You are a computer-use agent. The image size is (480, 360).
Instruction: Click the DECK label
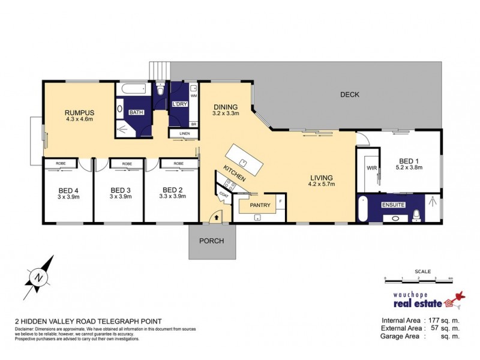tap(349, 94)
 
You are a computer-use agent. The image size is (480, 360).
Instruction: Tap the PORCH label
tap(212, 241)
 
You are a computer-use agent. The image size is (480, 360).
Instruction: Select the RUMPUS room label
tap(80, 112)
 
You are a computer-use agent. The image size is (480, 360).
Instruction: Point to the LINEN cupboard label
tap(184, 133)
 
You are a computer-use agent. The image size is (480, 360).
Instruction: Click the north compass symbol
tap(38, 277)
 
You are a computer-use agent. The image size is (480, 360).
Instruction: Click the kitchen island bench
tap(244, 161)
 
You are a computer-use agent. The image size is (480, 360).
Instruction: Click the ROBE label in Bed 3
tap(127, 164)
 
